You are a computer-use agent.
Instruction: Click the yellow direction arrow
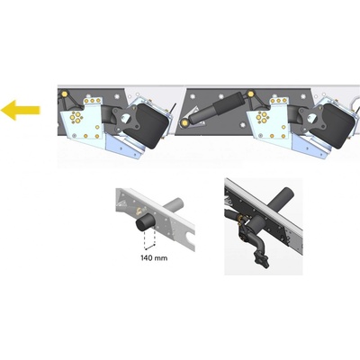[x=20, y=111]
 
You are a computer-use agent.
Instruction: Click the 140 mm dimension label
[x=154, y=257]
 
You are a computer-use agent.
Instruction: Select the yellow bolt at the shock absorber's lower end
[x=184, y=122]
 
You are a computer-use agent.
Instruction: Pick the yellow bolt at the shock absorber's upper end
[x=251, y=94]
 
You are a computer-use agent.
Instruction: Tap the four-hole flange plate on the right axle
[x=310, y=120]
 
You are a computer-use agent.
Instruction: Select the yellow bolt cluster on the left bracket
[x=76, y=116]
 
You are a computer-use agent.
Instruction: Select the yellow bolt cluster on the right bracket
[x=263, y=116]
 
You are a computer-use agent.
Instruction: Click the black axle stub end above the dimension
[x=145, y=223]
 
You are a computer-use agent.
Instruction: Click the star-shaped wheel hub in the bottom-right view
[x=259, y=258]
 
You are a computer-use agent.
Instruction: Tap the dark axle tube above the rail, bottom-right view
[x=277, y=200]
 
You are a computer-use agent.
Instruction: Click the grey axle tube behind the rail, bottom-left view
[x=173, y=206]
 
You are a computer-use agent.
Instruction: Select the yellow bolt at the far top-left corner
[x=64, y=94]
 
